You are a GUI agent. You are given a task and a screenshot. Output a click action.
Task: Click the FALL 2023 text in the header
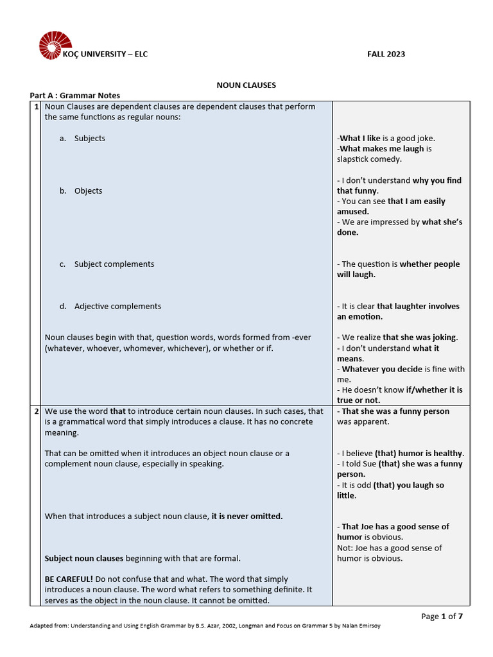pyautogui.click(x=386, y=54)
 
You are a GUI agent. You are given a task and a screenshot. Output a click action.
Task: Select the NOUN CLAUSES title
pyautogui.click(x=246, y=85)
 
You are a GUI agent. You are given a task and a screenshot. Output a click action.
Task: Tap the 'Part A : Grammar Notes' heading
pyautogui.click(x=75, y=96)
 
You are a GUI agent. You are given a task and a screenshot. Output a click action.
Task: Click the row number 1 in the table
pyautogui.click(x=36, y=107)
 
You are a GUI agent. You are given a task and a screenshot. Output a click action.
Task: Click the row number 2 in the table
pyautogui.click(x=36, y=411)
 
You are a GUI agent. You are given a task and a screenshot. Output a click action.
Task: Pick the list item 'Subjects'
pyautogui.click(x=89, y=139)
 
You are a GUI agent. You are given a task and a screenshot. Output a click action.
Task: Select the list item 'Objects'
pyautogui.click(x=88, y=191)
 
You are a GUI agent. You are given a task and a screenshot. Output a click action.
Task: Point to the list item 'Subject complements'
pyautogui.click(x=114, y=264)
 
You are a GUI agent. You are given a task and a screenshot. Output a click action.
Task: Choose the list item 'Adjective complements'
pyautogui.click(x=117, y=307)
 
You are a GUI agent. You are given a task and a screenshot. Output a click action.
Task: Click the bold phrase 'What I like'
pyautogui.click(x=360, y=139)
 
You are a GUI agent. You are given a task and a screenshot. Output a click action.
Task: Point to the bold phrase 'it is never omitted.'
pyautogui.click(x=247, y=516)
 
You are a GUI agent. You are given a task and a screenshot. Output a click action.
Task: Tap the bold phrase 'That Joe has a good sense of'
pyautogui.click(x=395, y=527)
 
